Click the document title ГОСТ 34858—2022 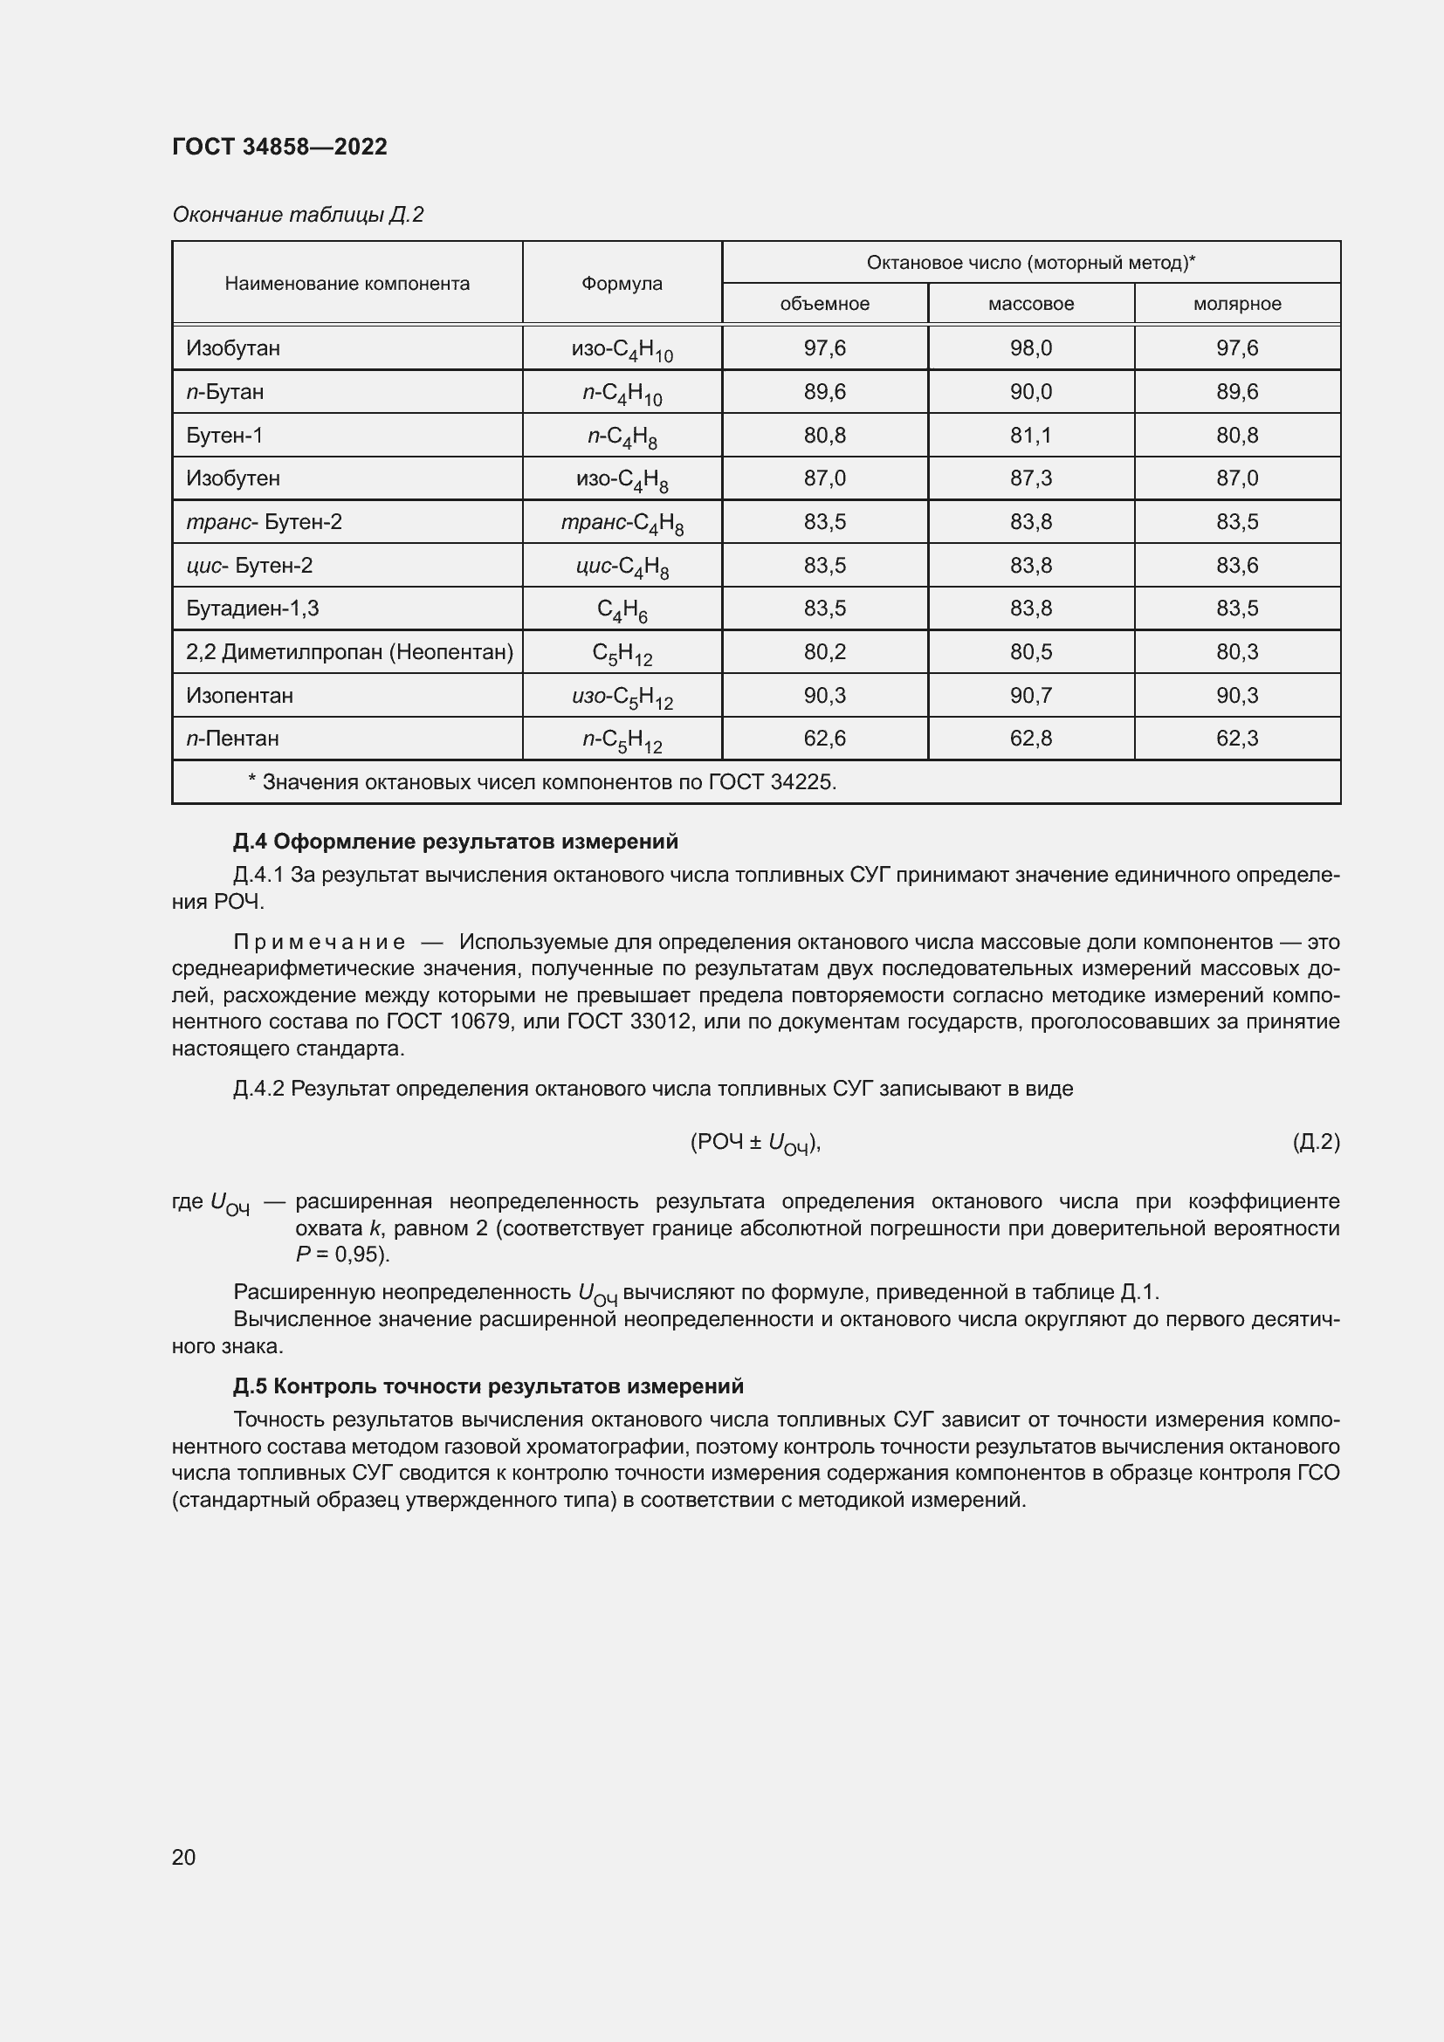coord(279,147)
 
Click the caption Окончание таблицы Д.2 coord(297,215)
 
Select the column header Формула coord(622,283)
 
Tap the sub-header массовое coord(1030,303)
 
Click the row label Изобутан coord(233,347)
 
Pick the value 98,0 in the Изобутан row coord(1030,347)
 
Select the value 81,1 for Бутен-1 coord(1030,435)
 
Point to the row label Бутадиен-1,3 coord(252,608)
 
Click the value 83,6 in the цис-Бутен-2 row coord(1237,566)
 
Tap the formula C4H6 coord(622,610)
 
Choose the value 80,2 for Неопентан coord(824,652)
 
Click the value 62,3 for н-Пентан coord(1237,739)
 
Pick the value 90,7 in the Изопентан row coord(1030,696)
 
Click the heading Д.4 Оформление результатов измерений coord(455,842)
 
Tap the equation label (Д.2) coord(1315,1142)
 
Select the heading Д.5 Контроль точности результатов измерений coord(488,1386)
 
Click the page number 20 coord(184,1857)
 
